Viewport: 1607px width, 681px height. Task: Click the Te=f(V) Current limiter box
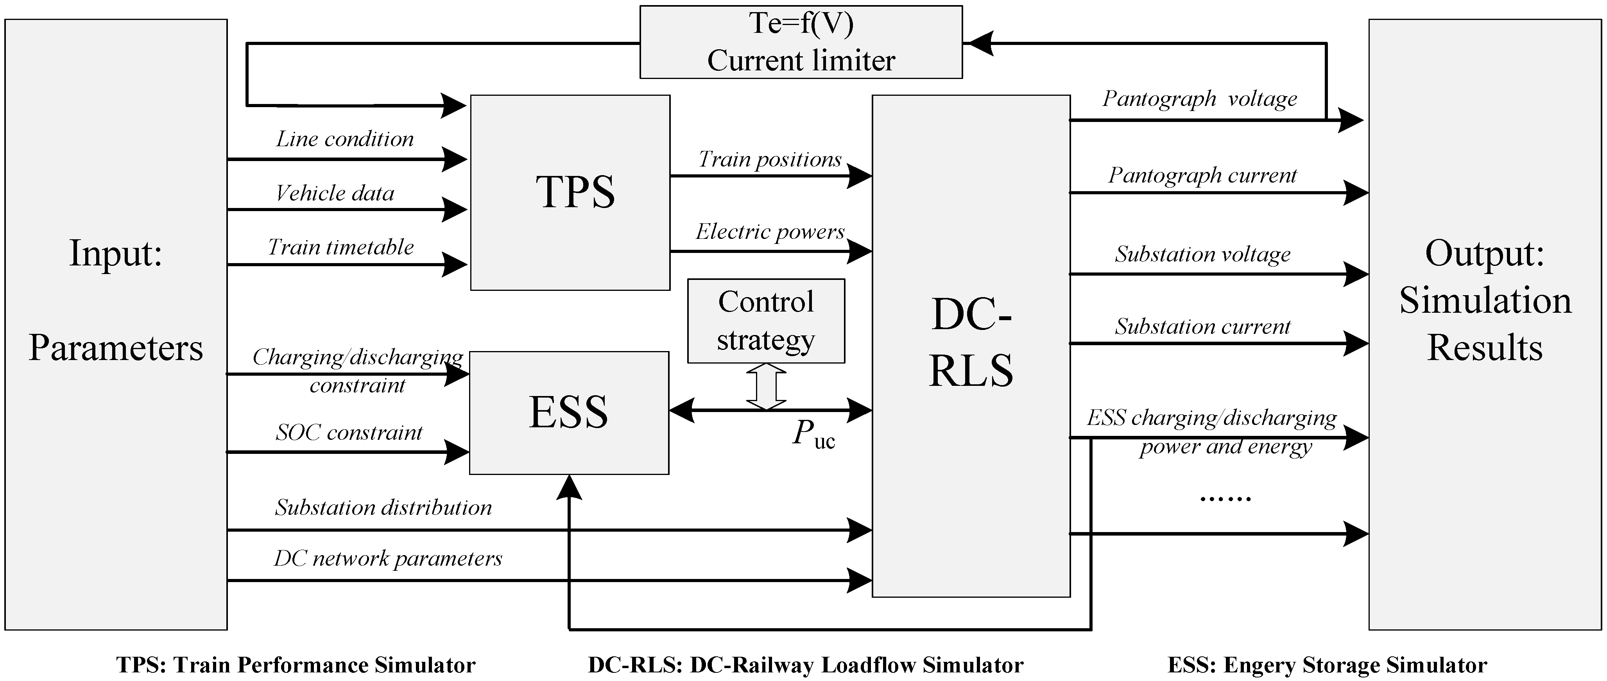click(x=801, y=42)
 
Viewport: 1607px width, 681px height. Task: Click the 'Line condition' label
click(x=345, y=139)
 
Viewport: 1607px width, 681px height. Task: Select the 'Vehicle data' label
click(x=335, y=194)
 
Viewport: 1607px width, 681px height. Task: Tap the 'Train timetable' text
click(x=340, y=247)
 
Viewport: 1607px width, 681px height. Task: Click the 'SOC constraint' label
click(x=349, y=433)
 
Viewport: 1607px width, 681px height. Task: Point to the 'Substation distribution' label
click(x=383, y=508)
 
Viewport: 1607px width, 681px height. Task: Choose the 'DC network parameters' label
click(x=387, y=559)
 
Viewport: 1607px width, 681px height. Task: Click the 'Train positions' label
click(x=769, y=159)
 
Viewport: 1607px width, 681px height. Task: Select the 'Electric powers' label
click(x=770, y=232)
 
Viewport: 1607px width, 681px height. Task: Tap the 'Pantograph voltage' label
click(x=1199, y=99)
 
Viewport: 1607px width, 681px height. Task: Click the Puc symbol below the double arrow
click(x=813, y=434)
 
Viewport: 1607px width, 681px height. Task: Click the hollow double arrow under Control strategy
click(x=766, y=387)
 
